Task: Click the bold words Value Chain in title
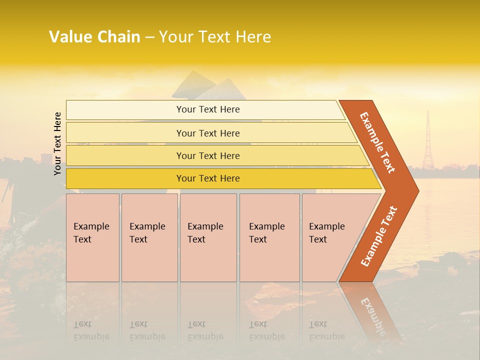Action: pyautogui.click(x=94, y=37)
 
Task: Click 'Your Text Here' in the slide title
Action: pyautogui.click(x=215, y=37)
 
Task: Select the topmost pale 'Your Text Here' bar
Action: pyautogui.click(x=208, y=109)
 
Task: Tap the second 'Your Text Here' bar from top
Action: pyautogui.click(x=208, y=133)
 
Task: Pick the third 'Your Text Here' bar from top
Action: pyautogui.click(x=208, y=155)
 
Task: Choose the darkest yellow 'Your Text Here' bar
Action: pyautogui.click(x=208, y=178)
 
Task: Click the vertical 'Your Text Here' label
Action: pyautogui.click(x=57, y=143)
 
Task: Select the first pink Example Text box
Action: pyautogui.click(x=92, y=237)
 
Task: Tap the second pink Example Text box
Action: pyautogui.click(x=149, y=237)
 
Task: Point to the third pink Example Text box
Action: pyautogui.click(x=208, y=237)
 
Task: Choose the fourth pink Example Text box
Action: pyautogui.click(x=269, y=237)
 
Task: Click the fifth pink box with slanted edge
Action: pyautogui.click(x=330, y=237)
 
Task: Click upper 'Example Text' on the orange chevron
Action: pyautogui.click(x=377, y=142)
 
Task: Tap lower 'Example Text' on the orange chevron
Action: pyautogui.click(x=379, y=236)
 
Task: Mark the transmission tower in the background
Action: pyautogui.click(x=427, y=142)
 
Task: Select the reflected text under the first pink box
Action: pyautogui.click(x=91, y=330)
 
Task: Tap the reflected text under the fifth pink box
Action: pyautogui.click(x=326, y=330)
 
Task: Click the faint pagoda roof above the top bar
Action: pyautogui.click(x=207, y=87)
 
